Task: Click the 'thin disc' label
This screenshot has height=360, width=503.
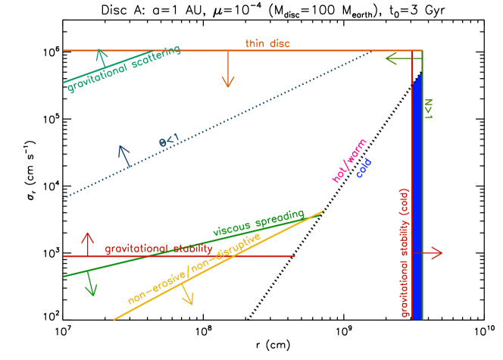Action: pyautogui.click(x=267, y=44)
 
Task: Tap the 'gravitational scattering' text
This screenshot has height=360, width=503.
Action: pyautogui.click(x=123, y=69)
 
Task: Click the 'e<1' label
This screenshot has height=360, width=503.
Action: pyautogui.click(x=168, y=140)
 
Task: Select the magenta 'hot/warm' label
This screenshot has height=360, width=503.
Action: pyautogui.click(x=349, y=161)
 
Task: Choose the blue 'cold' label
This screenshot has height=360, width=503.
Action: pyautogui.click(x=364, y=168)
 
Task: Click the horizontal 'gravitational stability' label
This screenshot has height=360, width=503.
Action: pyautogui.click(x=158, y=249)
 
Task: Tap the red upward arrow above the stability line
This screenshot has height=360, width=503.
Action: pyautogui.click(x=88, y=243)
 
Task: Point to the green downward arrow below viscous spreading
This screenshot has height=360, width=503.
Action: pyautogui.click(x=91, y=283)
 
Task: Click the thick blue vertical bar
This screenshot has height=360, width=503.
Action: pyautogui.click(x=417, y=197)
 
